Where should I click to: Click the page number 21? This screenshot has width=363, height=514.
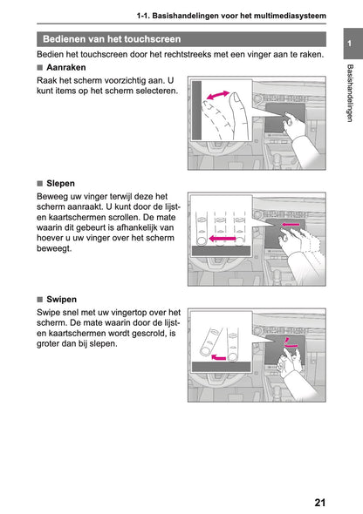tap(319, 502)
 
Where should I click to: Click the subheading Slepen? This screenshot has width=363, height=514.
tap(61, 183)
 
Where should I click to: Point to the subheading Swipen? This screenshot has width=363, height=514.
tap(63, 298)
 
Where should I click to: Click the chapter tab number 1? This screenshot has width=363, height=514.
tap(348, 45)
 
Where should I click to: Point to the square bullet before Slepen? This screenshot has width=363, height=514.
tap(40, 183)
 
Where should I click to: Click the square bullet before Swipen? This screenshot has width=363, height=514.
tap(40, 298)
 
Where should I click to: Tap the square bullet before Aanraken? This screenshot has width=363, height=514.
tap(40, 67)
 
